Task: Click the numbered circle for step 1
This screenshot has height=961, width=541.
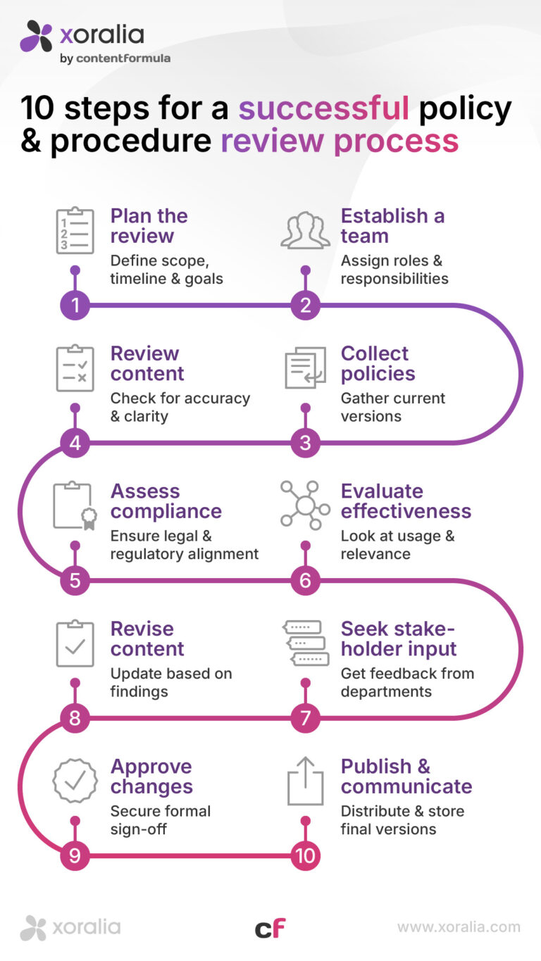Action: (75, 306)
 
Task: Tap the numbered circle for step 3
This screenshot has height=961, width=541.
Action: (306, 444)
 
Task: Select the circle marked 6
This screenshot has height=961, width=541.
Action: (306, 581)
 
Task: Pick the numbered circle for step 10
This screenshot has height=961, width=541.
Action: (306, 856)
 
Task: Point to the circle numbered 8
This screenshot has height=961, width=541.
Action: (75, 719)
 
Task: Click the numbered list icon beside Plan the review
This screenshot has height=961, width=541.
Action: (75, 230)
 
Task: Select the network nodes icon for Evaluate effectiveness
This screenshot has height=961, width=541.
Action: (305, 505)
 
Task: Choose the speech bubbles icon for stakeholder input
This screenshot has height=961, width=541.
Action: (305, 643)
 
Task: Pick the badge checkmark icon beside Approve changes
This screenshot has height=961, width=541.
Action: (75, 780)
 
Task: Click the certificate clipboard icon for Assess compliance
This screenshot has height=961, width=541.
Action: (75, 505)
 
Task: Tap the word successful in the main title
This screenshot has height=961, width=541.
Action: (323, 108)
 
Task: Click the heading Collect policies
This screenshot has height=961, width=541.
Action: (378, 363)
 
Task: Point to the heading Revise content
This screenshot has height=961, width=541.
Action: (147, 639)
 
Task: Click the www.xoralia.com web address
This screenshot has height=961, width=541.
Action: (459, 927)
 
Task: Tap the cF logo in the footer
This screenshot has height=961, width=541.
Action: (270, 929)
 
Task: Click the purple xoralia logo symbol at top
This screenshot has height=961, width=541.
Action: (37, 36)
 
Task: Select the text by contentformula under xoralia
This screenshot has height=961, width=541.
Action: (115, 58)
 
